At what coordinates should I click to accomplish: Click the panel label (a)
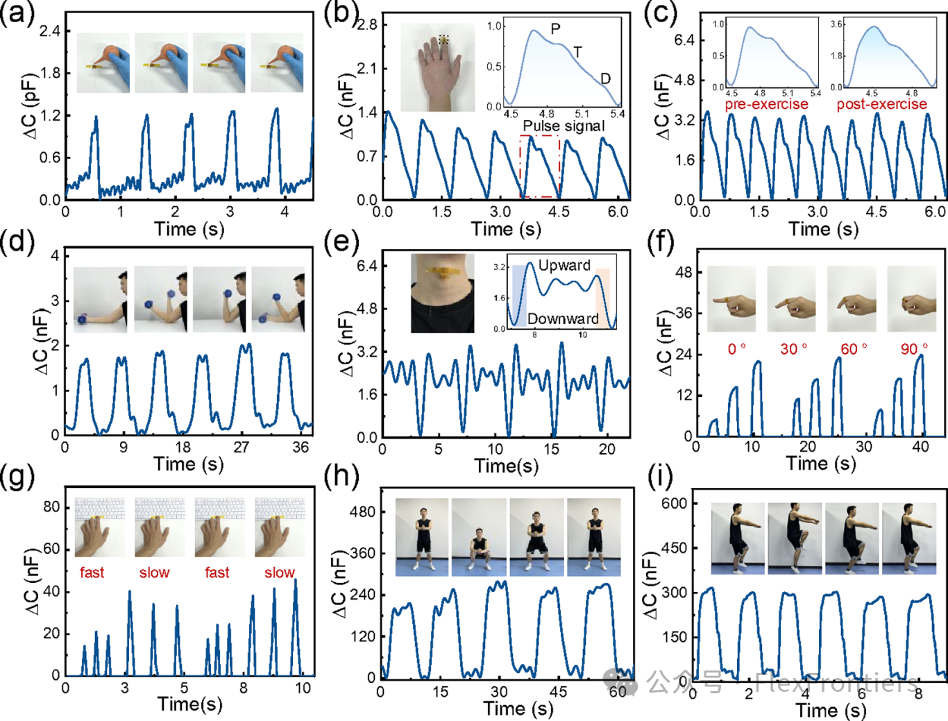coord(17,14)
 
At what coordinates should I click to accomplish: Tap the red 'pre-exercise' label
coord(766,104)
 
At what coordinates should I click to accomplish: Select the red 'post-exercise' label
coord(881,104)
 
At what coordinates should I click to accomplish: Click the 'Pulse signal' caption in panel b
coord(564,126)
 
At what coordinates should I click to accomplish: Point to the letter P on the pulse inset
coord(555,29)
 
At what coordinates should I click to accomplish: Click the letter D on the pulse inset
coord(605,78)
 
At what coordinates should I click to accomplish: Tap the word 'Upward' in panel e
coord(564,265)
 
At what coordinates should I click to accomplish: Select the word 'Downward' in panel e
coord(563,319)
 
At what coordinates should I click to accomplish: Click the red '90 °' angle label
coord(913,349)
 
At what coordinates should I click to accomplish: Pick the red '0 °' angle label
coord(736,349)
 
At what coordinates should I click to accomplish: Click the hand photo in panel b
coord(437,68)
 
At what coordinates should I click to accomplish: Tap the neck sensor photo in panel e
coord(443,293)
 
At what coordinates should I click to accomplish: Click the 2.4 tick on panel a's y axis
coord(49,31)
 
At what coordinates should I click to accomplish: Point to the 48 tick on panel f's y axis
coord(684,272)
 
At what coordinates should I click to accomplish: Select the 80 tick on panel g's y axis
coord(52,507)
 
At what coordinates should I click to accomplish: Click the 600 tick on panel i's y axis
coord(674,503)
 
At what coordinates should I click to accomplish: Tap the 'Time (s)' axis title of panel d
coord(188,464)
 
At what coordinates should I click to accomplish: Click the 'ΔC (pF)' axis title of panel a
coord(31,111)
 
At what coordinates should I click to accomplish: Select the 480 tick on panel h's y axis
coord(362,511)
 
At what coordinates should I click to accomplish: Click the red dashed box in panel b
coord(540,167)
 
